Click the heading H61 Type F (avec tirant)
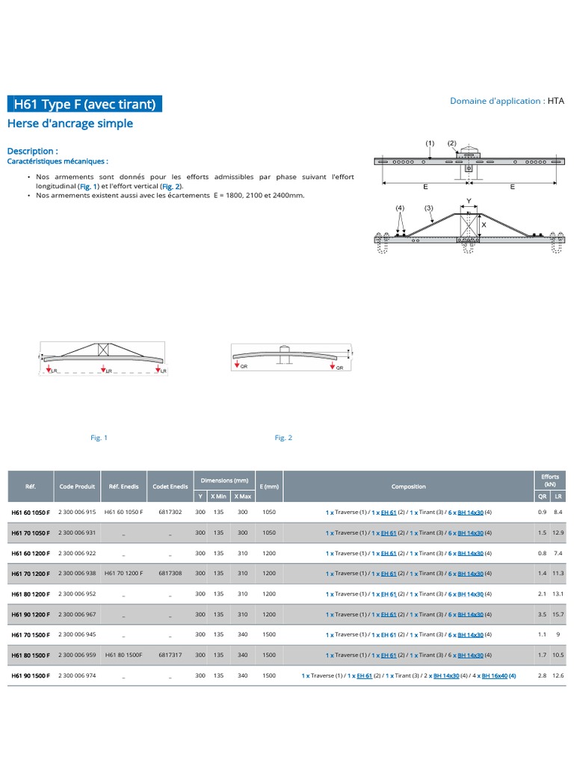(x=84, y=104)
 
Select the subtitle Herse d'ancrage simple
(x=70, y=123)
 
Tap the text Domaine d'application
(x=496, y=101)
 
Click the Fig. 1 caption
(x=99, y=438)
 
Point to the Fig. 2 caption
(x=283, y=438)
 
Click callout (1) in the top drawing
(x=430, y=143)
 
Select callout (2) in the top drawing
(x=451, y=143)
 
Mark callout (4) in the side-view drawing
(x=400, y=208)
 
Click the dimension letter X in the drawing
(x=484, y=224)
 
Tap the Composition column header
(x=408, y=486)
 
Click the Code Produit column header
(x=78, y=486)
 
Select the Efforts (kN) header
(x=549, y=480)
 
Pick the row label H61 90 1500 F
(x=31, y=675)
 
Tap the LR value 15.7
(x=557, y=614)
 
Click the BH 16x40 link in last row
(x=496, y=675)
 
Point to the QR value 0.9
(x=542, y=512)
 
